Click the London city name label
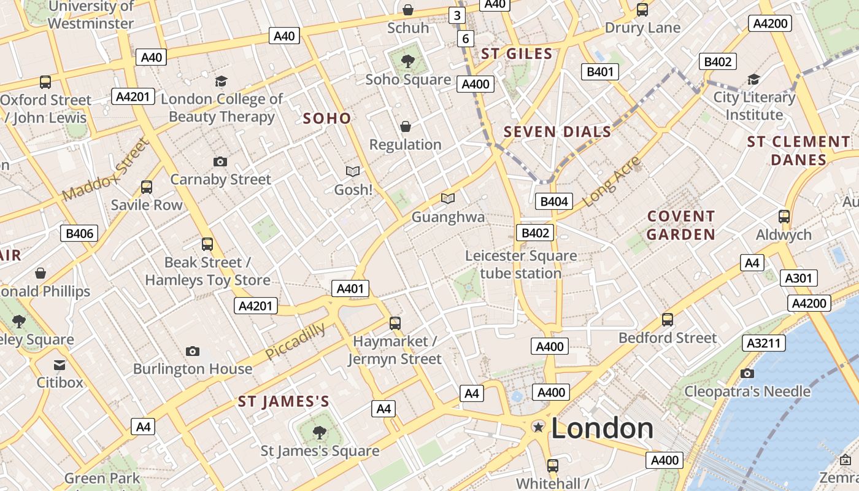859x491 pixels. (602, 428)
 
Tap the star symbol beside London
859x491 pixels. (538, 427)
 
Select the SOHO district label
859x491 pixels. (327, 118)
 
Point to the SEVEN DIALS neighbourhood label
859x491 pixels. (557, 131)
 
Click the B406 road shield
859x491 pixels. (80, 233)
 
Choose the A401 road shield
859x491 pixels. (350, 288)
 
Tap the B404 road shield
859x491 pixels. (553, 201)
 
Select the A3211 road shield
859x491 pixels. (763, 343)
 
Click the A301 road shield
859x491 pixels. (798, 278)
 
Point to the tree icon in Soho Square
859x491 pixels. (407, 61)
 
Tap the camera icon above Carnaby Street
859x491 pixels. (220, 161)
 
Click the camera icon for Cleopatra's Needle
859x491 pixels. (747, 373)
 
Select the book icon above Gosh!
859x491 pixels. (353, 171)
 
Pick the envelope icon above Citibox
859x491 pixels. (59, 365)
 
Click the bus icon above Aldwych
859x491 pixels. (784, 216)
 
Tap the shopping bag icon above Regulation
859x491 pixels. (405, 126)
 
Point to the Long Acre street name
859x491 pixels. (611, 182)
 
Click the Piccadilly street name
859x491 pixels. (295, 342)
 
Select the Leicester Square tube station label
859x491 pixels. (520, 265)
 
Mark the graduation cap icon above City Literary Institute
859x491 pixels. (753, 79)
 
